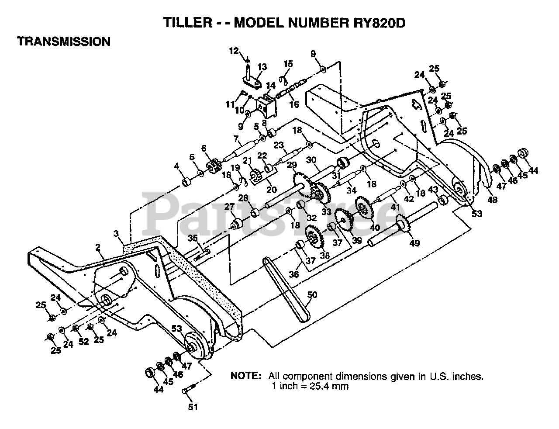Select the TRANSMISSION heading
click(63, 42)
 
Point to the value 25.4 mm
click(328, 386)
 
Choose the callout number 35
click(193, 238)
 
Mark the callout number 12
click(234, 51)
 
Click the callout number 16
click(294, 104)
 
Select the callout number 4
click(176, 166)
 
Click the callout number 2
click(98, 247)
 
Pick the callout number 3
click(116, 234)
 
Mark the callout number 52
click(83, 342)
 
